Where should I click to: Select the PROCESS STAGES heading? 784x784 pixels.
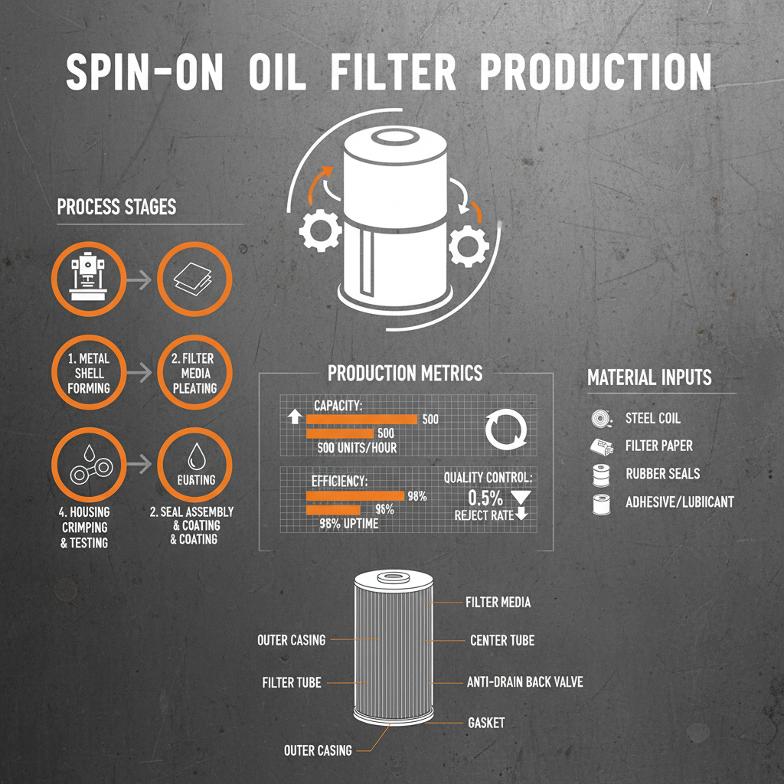(116, 207)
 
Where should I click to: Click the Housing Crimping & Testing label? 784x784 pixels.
(84, 528)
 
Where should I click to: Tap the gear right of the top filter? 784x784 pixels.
(469, 246)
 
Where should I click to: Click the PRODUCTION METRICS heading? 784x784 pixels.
(405, 373)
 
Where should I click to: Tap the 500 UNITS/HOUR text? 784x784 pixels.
(357, 448)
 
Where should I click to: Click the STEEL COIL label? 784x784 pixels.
(652, 418)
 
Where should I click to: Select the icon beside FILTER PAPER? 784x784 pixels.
(599, 446)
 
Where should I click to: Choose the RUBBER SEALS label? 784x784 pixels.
(662, 474)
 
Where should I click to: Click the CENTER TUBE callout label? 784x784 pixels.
(501, 640)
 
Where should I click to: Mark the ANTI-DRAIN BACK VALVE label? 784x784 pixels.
(524, 681)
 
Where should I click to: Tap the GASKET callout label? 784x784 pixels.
(485, 723)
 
